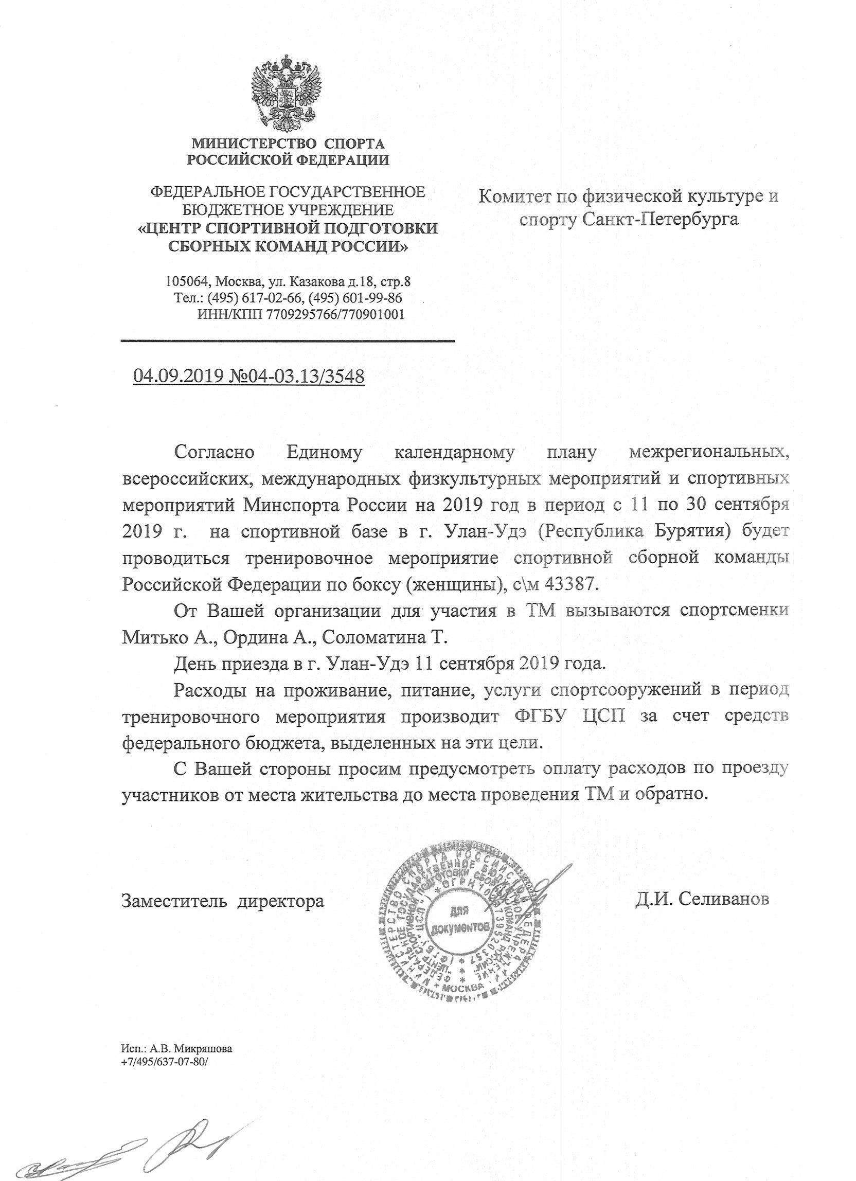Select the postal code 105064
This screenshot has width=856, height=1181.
point(186,282)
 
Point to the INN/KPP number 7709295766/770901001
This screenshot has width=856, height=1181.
point(335,314)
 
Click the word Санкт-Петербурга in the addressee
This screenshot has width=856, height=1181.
point(661,220)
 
